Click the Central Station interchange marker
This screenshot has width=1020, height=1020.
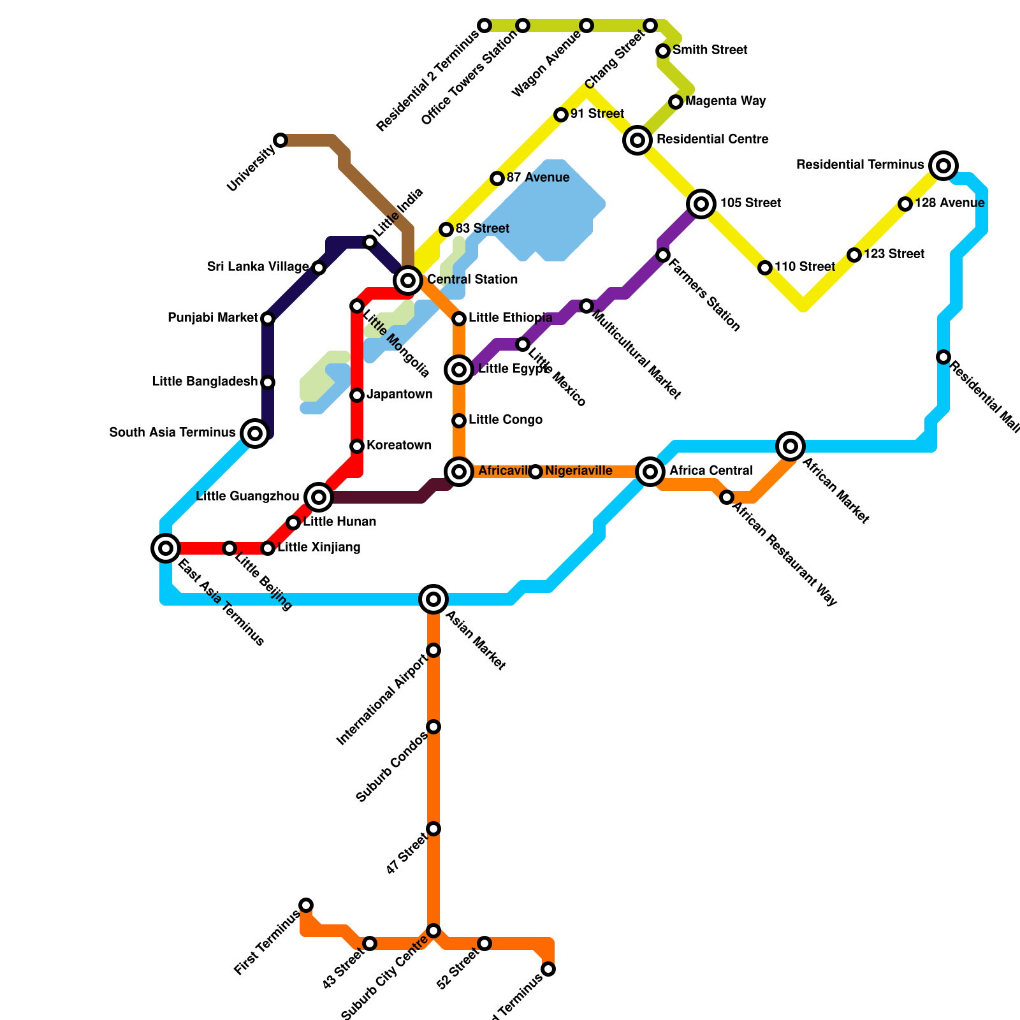coord(408,280)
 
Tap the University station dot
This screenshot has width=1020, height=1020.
coord(280,140)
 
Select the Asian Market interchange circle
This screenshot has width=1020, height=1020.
coord(433,599)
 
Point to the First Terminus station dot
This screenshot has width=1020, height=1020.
coord(306,905)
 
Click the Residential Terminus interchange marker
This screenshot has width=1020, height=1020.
coord(943,166)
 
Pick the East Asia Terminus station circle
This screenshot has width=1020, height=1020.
coord(166,548)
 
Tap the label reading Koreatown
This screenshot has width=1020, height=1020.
coord(399,445)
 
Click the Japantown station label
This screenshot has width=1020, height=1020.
coord(399,394)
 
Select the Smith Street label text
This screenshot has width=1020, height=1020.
coord(710,50)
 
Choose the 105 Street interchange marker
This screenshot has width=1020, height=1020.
coord(701,204)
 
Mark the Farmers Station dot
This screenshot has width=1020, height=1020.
coord(663,255)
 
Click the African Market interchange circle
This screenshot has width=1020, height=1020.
coord(790,446)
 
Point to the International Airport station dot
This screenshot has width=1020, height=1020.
coord(433,650)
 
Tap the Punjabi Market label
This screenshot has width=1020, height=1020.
coord(212,317)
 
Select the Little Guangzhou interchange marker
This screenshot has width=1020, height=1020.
coord(319,497)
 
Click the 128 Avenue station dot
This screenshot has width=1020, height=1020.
coord(905,204)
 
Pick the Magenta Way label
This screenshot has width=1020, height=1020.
coord(725,101)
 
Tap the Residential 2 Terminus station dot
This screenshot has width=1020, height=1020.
coord(484,25)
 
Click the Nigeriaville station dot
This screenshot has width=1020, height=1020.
coord(535,472)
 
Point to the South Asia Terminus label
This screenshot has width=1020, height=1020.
coord(172,432)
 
